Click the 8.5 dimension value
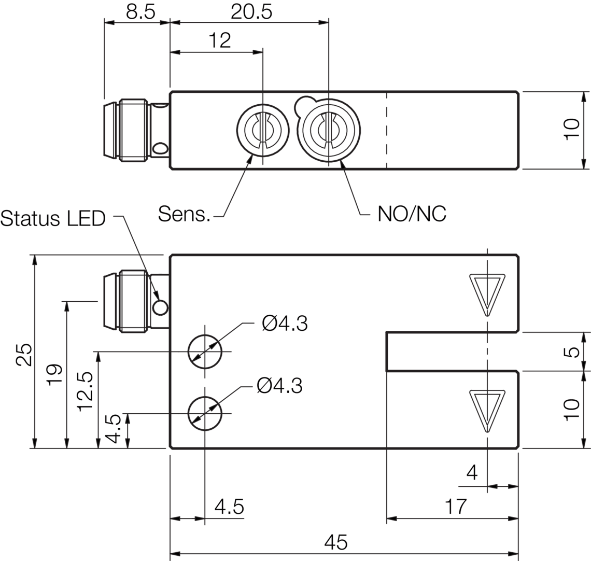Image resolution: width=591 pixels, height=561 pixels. click(140, 12)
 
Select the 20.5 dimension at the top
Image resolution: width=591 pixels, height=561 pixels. click(251, 12)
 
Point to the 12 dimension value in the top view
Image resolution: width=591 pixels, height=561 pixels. click(220, 41)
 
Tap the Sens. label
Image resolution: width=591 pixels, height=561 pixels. click(184, 214)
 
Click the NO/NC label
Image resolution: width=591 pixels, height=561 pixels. click(412, 214)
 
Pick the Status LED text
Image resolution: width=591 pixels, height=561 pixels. click(53, 219)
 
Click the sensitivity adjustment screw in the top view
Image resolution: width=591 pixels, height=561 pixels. click(263, 130)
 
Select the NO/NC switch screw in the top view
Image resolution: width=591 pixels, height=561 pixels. click(329, 130)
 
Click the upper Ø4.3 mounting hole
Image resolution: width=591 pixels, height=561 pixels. click(205, 352)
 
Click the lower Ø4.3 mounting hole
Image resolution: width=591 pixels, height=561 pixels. click(205, 413)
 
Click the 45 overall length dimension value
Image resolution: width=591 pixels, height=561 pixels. click(336, 542)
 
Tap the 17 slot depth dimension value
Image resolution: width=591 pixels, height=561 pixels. click(456, 507)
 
